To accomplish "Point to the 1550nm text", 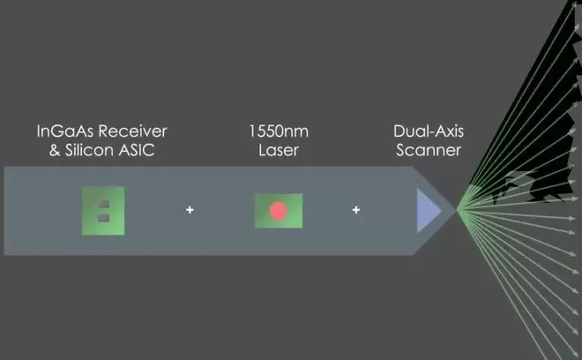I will [278, 131].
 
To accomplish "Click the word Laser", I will [278, 150].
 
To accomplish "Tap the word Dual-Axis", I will [429, 131].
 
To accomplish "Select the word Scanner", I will [429, 150].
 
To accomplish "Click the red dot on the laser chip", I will [279, 211].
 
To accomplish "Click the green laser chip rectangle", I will [262, 211].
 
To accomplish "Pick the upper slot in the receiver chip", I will [104, 203].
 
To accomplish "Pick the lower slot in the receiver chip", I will [104, 217].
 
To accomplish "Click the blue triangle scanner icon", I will [427, 211].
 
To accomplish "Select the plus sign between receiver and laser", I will [189, 210].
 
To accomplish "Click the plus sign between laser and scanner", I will [356, 210].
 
